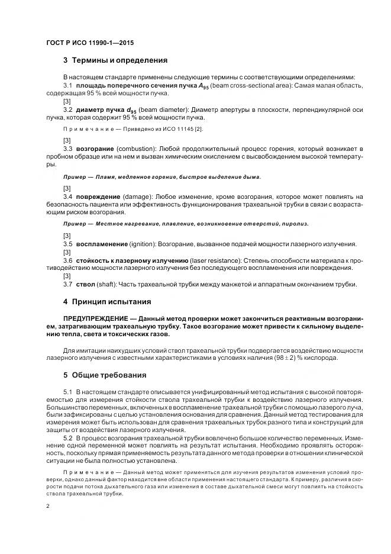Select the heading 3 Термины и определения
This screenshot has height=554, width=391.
(x=115, y=60)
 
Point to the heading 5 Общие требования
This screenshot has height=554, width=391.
(x=105, y=375)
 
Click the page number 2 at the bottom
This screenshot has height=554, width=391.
(x=48, y=506)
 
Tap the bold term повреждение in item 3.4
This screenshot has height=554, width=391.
(x=98, y=197)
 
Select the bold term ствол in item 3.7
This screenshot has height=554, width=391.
(x=86, y=284)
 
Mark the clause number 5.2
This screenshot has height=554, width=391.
(x=67, y=437)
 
